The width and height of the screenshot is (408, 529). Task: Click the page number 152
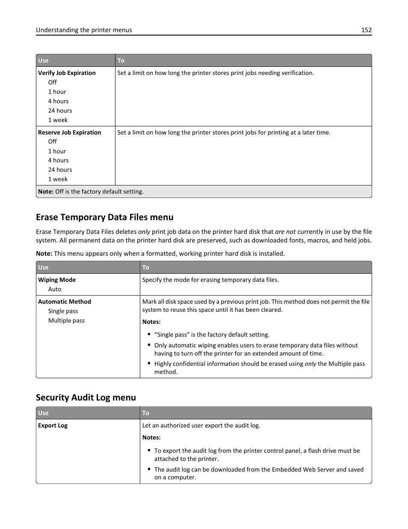366,30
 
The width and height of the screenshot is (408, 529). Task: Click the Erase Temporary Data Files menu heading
104,217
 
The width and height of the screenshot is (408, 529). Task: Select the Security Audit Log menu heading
86,397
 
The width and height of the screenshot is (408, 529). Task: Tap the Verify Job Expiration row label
67,73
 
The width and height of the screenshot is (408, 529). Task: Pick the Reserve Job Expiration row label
69,132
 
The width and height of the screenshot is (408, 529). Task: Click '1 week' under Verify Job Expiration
58,120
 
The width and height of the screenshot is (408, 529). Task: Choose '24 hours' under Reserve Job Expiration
60,170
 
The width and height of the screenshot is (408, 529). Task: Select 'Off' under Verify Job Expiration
52,82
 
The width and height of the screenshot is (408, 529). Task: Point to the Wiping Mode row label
57,280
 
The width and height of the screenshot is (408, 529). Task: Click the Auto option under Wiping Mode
55,289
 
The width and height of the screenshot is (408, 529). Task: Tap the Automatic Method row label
65,302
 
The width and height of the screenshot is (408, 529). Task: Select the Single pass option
63,311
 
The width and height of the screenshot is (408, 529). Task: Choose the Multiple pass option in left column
66,320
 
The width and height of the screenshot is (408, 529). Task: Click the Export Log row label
53,425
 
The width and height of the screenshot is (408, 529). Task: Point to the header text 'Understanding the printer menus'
84,30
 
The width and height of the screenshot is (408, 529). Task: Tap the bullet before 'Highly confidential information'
149,364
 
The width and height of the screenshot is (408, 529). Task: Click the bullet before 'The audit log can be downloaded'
149,469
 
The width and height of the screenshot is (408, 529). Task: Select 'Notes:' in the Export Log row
151,437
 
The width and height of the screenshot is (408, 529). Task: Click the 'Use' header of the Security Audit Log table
43,413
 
